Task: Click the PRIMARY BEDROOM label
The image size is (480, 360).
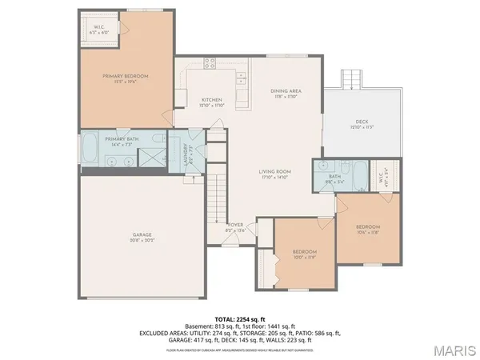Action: point(126,76)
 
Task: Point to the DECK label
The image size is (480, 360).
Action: point(362,122)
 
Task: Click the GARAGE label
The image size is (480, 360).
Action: point(142,234)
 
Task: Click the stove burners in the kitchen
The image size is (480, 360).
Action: point(210,62)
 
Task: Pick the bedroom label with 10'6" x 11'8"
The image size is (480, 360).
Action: point(369,230)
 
